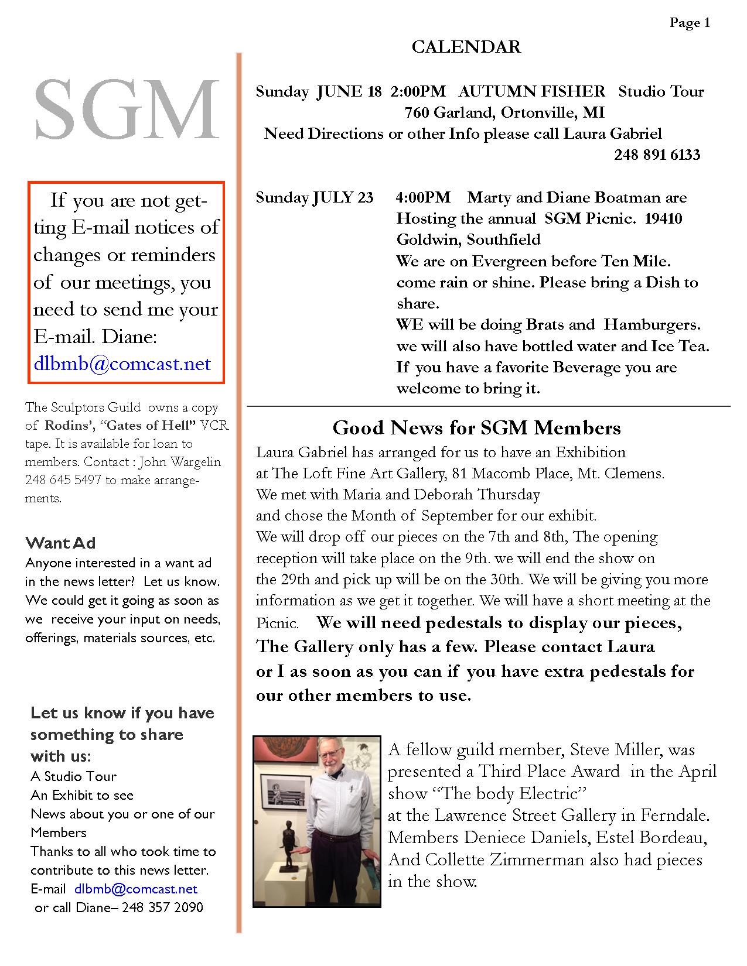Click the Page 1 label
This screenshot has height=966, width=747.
(690, 23)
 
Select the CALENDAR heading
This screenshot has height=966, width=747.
(466, 47)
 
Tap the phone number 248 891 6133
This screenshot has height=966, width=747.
(657, 155)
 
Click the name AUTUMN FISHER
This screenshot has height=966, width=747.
(531, 91)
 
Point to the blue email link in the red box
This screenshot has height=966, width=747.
(122, 364)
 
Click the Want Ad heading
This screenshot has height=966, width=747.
(60, 543)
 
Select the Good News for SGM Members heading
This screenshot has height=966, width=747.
(476, 428)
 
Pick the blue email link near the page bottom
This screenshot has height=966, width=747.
(136, 889)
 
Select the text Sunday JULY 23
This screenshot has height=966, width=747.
(314, 198)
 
